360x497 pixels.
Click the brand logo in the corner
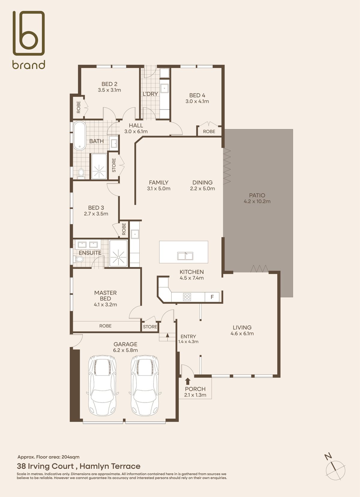click(29, 40)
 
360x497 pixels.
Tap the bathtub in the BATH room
click(79, 136)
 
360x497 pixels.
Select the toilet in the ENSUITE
click(79, 259)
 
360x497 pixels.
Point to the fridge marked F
click(212, 297)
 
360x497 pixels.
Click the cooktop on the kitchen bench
click(187, 297)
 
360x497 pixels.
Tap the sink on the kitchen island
click(185, 256)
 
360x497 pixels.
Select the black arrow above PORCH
click(188, 381)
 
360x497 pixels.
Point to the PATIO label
click(257, 195)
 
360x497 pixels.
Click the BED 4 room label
click(197, 95)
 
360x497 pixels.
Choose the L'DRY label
click(150, 94)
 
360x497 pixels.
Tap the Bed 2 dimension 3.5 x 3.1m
click(109, 90)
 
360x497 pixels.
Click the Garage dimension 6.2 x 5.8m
click(125, 350)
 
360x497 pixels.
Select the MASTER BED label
click(105, 296)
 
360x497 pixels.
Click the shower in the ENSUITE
click(118, 253)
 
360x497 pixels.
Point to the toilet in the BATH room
click(81, 173)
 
